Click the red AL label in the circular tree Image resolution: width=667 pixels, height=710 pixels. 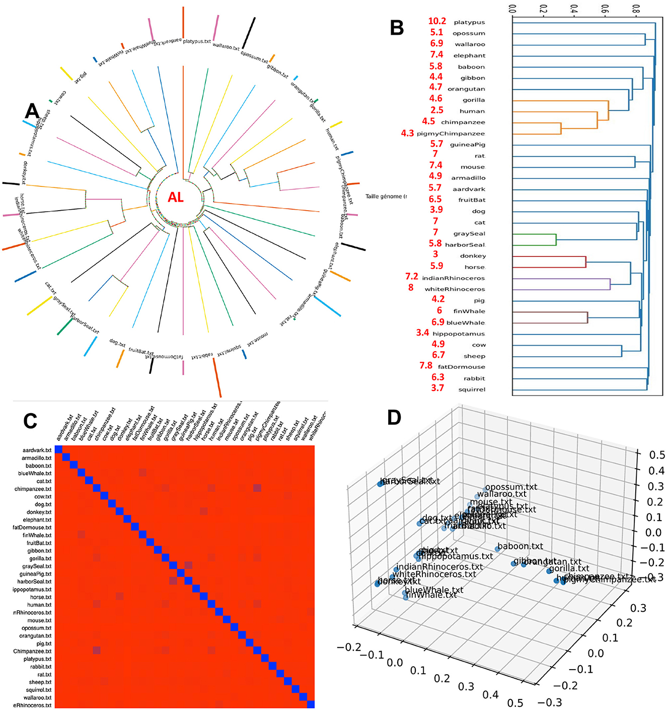click(x=175, y=198)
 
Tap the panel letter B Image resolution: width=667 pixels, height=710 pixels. click(x=397, y=28)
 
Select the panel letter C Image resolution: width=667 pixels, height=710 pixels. click(x=30, y=421)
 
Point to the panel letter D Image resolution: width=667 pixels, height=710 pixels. click(x=394, y=417)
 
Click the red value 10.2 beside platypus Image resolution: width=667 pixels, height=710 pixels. click(x=437, y=21)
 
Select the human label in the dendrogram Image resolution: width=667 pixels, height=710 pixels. click(x=472, y=111)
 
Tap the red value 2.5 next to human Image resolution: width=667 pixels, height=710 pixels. click(x=437, y=110)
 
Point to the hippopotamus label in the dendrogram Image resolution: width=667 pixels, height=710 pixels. click(x=459, y=334)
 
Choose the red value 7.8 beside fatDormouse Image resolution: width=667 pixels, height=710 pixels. click(x=426, y=366)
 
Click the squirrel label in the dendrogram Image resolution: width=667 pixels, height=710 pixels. click(x=472, y=390)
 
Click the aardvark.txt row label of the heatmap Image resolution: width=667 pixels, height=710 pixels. click(x=37, y=450)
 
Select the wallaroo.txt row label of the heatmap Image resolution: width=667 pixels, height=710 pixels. click(x=37, y=698)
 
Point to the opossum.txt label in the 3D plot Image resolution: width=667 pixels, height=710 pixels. click(x=511, y=487)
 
